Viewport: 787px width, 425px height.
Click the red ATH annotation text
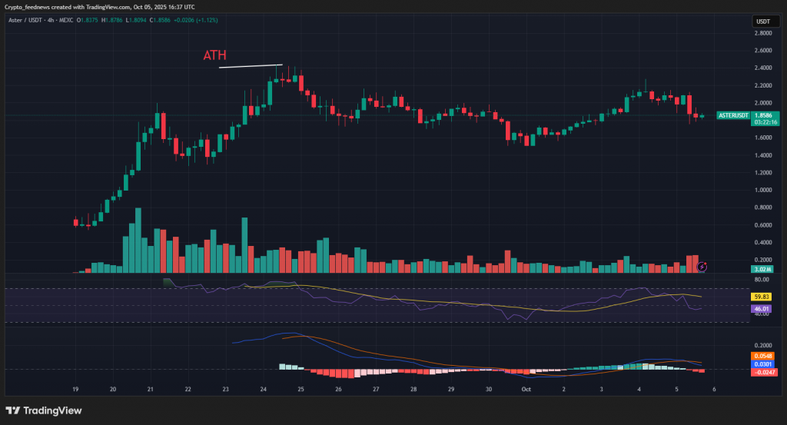215,55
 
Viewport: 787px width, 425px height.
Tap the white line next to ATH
251,66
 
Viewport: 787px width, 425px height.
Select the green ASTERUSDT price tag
732,115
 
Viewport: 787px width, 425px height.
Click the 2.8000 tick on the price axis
762,33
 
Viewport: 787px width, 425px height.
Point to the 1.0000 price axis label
762,191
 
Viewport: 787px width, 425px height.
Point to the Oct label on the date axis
526,390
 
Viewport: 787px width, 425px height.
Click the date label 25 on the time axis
301,390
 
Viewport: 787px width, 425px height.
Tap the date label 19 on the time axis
75,390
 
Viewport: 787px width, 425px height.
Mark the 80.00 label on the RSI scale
762,280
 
